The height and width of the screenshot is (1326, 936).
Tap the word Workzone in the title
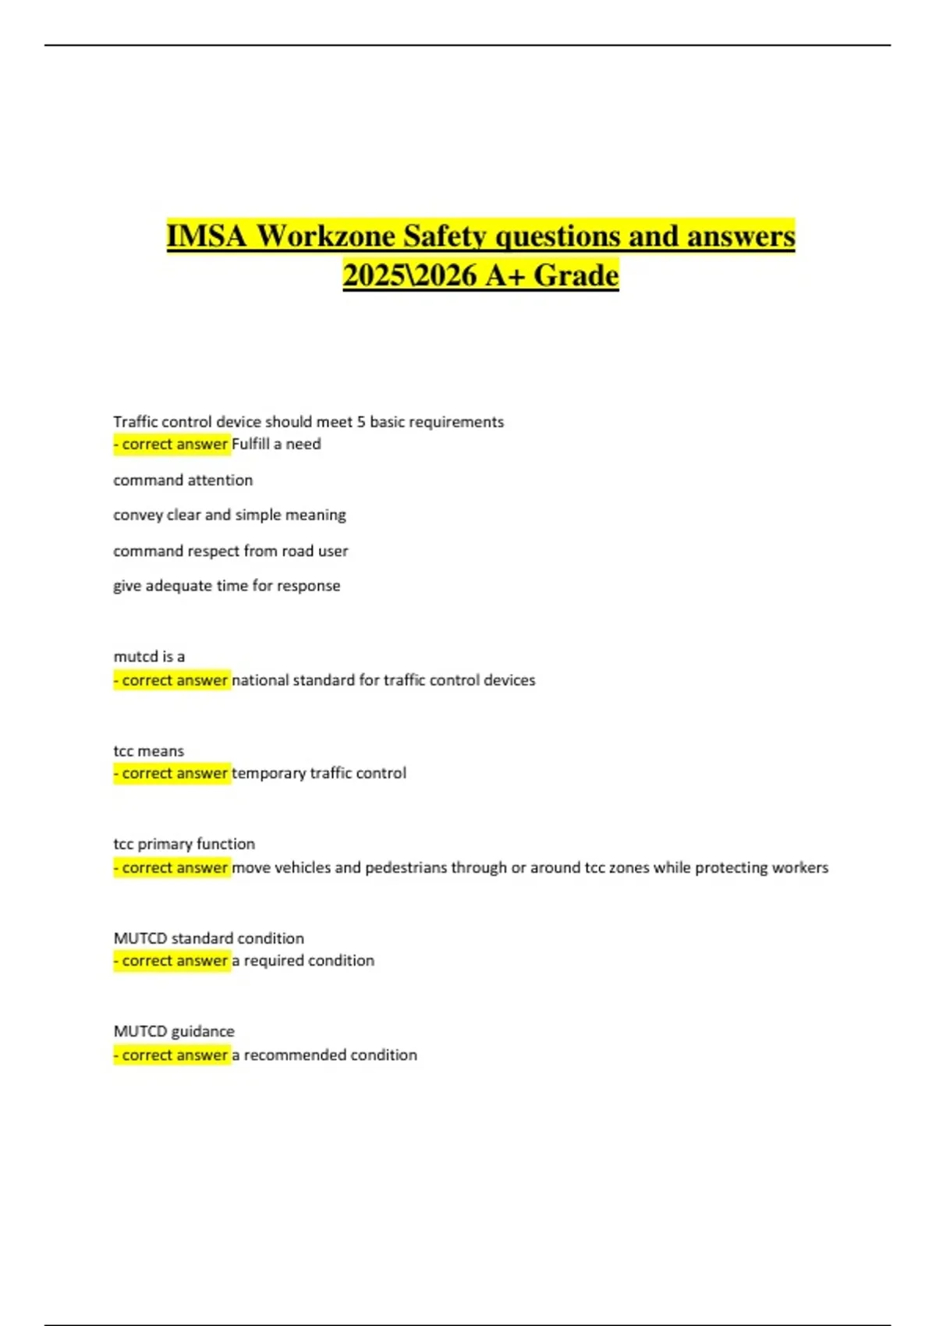pos(325,236)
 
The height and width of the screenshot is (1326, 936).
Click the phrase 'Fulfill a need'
pos(276,444)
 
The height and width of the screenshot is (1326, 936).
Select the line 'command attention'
pos(183,480)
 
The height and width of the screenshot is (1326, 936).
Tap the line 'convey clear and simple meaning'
pos(229,515)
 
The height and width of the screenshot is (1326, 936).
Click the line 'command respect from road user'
pos(230,551)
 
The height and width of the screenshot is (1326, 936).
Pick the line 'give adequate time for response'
pos(226,586)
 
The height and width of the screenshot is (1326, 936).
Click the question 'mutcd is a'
pos(149,657)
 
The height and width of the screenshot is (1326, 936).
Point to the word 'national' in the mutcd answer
pos(260,680)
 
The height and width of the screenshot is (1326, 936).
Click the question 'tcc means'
pos(149,751)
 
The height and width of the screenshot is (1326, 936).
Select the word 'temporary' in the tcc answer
pos(268,774)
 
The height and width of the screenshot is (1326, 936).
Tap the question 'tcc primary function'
pos(184,844)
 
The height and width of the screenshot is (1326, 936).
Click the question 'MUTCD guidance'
pos(174,1031)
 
